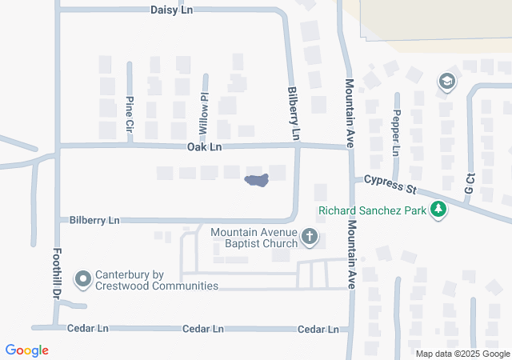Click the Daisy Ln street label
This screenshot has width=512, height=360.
(173, 10)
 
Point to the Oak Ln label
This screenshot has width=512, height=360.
(204, 146)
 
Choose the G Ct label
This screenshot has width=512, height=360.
(470, 183)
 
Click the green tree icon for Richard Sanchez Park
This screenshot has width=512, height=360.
(438, 210)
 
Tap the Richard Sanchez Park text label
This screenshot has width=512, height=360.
(371, 212)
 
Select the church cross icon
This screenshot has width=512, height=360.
(310, 237)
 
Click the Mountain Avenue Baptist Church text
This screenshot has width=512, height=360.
(254, 238)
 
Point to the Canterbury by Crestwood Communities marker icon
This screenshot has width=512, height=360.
(83, 279)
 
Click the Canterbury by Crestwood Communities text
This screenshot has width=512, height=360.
(157, 279)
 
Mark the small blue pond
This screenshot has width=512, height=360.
(256, 181)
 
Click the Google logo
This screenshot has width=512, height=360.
(27, 350)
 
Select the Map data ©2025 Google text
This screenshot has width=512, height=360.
(462, 354)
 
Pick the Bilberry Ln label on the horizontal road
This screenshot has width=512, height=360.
(94, 219)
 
